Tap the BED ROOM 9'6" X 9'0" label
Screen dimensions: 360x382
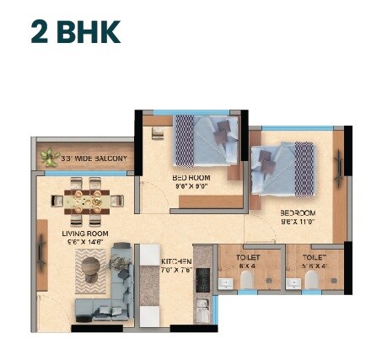coord(192,179)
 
